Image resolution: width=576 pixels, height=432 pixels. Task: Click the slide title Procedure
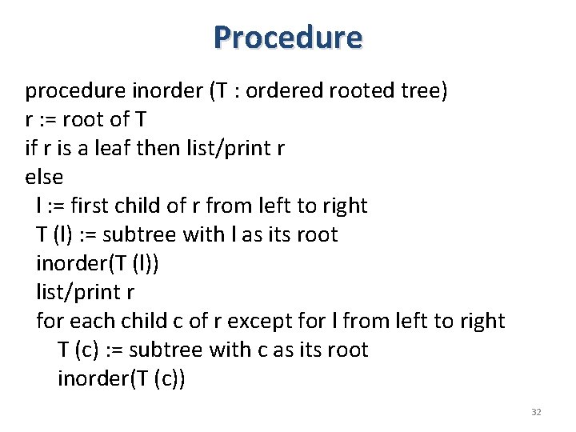click(x=288, y=37)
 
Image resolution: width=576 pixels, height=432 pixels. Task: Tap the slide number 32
click(x=536, y=412)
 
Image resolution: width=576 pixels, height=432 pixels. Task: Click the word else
click(x=44, y=177)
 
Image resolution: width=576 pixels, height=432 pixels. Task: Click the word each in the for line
click(x=92, y=321)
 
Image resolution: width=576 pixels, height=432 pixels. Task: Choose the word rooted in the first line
click(x=360, y=90)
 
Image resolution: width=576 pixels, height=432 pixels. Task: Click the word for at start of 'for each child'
click(x=50, y=321)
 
